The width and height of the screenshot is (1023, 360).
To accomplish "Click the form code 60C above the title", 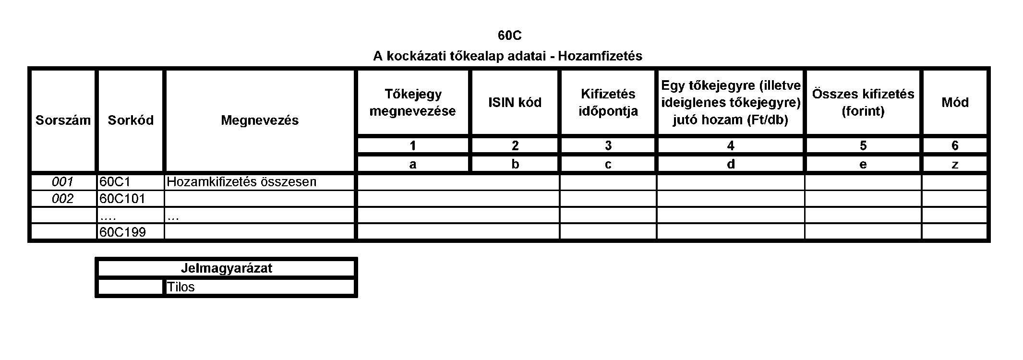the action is tap(509, 36).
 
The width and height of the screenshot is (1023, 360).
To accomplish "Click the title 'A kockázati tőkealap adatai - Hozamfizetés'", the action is tap(507, 56).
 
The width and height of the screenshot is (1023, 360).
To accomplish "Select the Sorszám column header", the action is tap(63, 120).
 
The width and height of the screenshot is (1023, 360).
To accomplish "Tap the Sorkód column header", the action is tap(131, 120).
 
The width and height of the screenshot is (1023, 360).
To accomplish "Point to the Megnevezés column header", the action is tap(260, 120).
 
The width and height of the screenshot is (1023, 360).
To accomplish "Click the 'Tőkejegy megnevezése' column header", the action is tap(413, 102).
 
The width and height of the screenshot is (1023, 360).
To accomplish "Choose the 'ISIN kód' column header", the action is tap(515, 102).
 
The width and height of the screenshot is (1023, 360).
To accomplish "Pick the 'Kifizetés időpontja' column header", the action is tap(608, 102).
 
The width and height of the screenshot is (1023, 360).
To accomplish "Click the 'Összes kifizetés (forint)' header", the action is tap(863, 102).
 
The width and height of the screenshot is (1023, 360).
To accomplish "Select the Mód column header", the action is tap(955, 102).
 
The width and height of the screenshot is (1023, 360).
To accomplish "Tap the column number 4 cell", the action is tap(731, 145).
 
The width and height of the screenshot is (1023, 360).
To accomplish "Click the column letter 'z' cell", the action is tap(955, 165).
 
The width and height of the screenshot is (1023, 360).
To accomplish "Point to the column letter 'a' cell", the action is tap(413, 165).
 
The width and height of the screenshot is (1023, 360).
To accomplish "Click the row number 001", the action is tap(62, 182).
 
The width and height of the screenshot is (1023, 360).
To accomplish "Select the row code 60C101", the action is tap(122, 199).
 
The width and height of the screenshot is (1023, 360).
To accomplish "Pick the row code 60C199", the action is tap(122, 232).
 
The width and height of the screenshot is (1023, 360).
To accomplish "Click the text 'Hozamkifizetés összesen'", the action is tap(241, 182).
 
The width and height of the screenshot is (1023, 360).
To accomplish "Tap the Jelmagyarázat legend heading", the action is tap(226, 268).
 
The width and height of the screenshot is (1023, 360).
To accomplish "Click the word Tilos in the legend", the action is tap(181, 287).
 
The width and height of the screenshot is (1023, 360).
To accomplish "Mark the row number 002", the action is tap(62, 199).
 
